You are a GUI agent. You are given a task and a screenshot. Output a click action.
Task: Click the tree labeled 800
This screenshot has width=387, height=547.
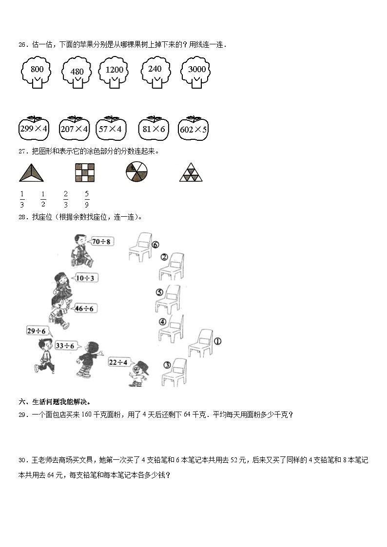tap(37, 73)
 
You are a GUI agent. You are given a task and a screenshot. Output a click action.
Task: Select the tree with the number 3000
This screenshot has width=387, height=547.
tap(196, 73)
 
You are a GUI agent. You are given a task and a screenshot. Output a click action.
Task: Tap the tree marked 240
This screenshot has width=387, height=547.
tap(155, 73)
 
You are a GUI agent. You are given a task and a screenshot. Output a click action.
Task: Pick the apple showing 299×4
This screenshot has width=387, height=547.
tap(34, 129)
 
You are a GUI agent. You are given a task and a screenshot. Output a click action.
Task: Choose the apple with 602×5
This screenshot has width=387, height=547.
tap(193, 129)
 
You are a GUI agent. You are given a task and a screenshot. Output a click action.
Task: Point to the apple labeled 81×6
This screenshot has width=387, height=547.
tap(154, 129)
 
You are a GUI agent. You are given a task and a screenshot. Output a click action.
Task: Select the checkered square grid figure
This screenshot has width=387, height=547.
tap(85, 172)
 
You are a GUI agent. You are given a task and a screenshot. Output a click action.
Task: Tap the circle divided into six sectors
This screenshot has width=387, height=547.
tap(136, 172)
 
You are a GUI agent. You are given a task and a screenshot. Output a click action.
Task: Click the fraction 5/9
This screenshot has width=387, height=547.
tap(87, 199)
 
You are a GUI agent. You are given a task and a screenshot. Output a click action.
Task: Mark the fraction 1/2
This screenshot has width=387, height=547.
tap(43, 199)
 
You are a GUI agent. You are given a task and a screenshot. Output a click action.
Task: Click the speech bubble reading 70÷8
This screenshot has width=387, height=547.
tap(101, 241)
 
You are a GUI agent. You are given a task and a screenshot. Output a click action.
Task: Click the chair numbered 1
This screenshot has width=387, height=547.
tap(200, 343)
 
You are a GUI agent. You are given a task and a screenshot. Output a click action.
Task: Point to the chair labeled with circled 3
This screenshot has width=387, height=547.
tap(174, 373)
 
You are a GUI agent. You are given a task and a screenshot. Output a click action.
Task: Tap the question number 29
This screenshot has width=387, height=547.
tap(22, 415)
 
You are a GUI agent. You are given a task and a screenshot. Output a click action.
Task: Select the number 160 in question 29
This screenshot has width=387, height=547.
tap(84, 415)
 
